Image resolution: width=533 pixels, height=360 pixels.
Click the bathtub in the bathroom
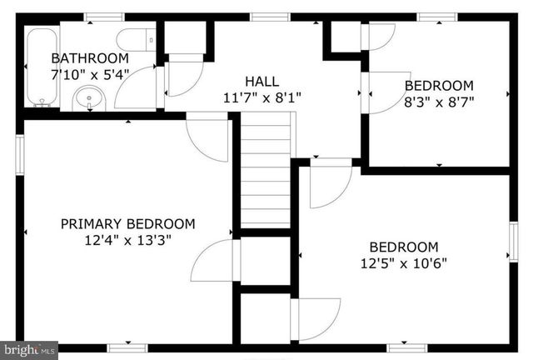click(40, 67)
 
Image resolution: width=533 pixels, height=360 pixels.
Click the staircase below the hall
click(265, 171)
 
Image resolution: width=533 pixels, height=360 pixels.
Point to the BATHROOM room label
click(90, 58)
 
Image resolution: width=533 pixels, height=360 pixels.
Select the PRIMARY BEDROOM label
click(127, 223)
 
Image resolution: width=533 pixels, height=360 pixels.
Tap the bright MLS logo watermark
click(29, 350)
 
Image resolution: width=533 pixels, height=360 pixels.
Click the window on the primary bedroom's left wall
click(20, 154)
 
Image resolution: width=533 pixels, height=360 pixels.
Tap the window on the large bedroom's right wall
click(513, 242)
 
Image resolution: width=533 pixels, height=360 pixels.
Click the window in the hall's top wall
click(264, 17)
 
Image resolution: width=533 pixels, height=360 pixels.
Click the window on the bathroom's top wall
click(105, 17)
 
